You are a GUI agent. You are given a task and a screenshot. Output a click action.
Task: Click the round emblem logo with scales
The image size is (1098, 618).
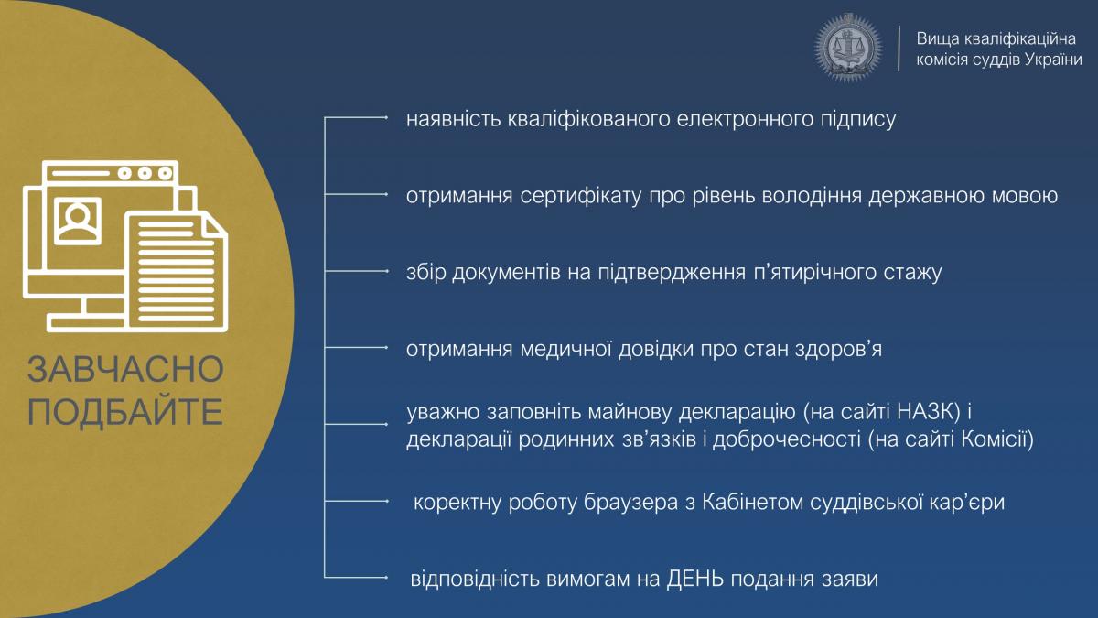[x=848, y=47]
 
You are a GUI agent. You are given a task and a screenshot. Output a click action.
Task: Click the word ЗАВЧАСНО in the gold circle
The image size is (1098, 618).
[x=125, y=369]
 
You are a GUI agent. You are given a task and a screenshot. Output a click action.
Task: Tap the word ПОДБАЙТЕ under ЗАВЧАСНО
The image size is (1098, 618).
[x=125, y=411]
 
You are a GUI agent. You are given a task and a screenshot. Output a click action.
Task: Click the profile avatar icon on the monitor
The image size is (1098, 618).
[x=78, y=221]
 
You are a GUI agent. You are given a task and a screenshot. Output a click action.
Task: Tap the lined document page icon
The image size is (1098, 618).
[x=178, y=272]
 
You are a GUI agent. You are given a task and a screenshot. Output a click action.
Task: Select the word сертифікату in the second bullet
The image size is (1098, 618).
[x=581, y=197]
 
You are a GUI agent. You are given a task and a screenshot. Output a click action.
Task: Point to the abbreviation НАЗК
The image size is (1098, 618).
[x=928, y=413]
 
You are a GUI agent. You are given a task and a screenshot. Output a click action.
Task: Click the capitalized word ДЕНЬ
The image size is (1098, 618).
[x=695, y=580]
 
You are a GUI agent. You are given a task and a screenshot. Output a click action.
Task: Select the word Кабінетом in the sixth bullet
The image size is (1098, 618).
[x=752, y=503]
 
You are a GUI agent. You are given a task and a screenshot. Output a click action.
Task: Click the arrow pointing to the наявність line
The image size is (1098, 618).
[x=356, y=118]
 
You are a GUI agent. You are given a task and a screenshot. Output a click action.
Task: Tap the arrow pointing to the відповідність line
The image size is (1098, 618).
[x=356, y=578]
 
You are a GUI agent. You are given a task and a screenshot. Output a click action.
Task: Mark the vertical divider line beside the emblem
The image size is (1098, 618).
[x=899, y=48]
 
